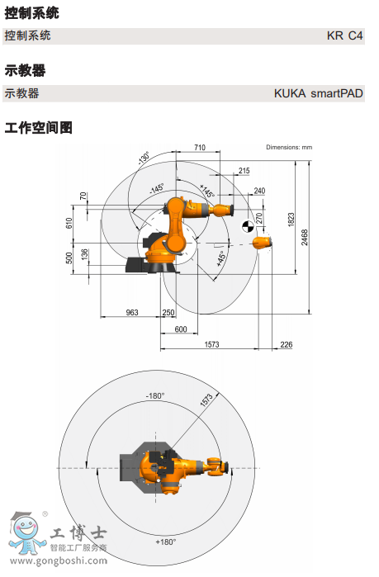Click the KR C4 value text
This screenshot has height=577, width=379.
[344, 35]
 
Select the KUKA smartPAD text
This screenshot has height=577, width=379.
[318, 93]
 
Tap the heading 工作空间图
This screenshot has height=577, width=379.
[39, 128]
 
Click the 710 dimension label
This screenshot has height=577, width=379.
[200, 147]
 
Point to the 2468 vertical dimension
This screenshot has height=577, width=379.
[305, 238]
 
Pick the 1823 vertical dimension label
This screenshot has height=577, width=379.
[291, 220]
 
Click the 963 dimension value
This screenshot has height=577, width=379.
[132, 312]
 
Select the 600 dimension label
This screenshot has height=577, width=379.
[181, 329]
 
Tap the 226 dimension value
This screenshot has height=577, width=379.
[287, 344]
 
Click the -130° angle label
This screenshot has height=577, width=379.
[144, 158]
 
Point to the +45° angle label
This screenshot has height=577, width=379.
[220, 258]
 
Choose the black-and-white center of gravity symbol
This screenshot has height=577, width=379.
[248, 227]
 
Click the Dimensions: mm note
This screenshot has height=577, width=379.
[289, 147]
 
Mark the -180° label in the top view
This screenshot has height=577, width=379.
[155, 396]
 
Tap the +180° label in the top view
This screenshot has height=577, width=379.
[166, 542]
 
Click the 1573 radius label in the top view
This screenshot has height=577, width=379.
[206, 400]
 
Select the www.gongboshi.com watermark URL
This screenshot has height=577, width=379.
[59, 561]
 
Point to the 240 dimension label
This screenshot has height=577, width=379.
[259, 191]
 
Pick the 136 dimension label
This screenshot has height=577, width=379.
[84, 254]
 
